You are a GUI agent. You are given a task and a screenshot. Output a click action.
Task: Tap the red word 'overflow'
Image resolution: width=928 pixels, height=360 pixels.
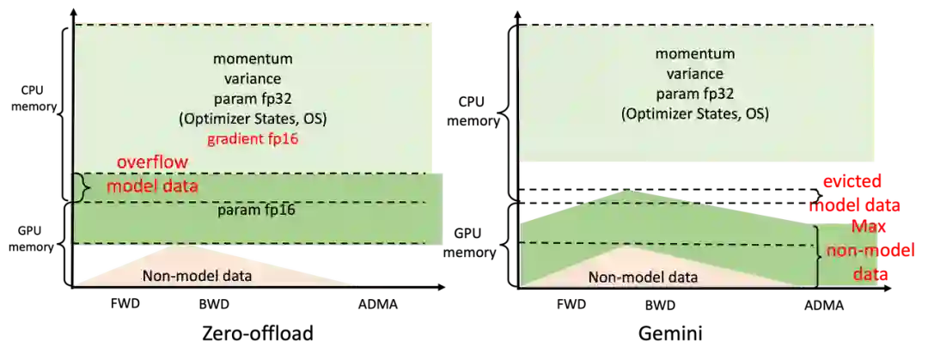tap(154, 162)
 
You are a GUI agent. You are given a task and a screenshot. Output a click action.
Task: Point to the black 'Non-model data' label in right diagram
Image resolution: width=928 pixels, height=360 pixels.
tap(643, 277)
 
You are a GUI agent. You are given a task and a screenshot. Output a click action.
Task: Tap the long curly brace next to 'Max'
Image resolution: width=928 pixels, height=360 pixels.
tap(819, 253)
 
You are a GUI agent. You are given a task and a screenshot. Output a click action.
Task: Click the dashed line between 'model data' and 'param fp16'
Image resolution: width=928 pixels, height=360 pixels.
tap(258, 202)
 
